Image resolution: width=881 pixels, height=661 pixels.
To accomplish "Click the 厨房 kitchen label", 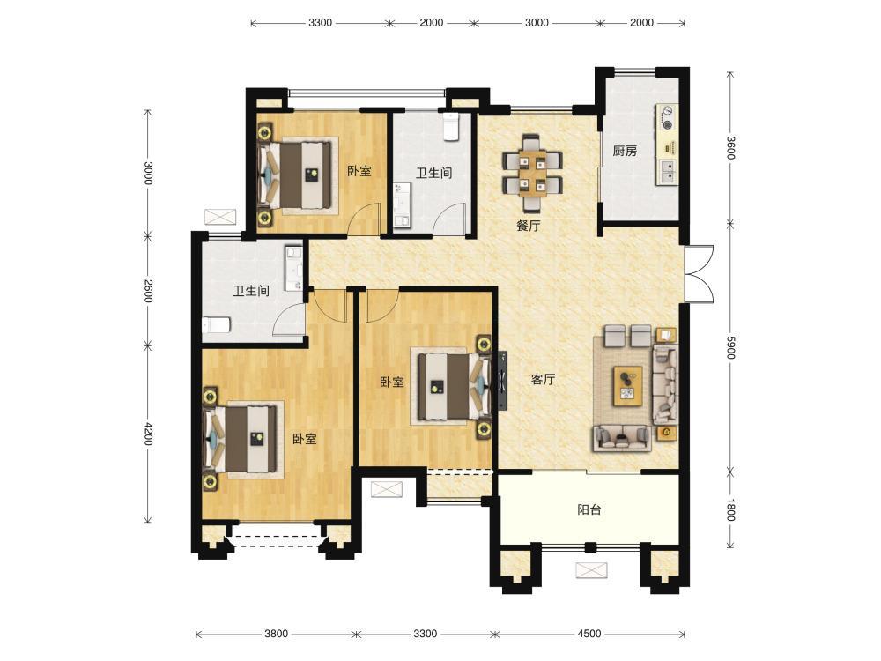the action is (x=625, y=151).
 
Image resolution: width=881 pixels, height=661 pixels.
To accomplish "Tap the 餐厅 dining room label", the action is (x=528, y=226).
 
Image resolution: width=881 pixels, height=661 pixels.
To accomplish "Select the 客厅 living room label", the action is (x=543, y=379).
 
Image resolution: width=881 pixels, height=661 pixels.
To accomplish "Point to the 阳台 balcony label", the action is (x=589, y=509).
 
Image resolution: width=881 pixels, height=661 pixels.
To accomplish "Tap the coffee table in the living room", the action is (x=628, y=385).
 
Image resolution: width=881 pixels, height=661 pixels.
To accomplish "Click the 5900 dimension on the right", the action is (x=730, y=347).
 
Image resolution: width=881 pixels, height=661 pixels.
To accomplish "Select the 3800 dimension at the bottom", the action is (x=276, y=634).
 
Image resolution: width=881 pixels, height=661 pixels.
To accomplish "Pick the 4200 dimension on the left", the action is (x=148, y=434).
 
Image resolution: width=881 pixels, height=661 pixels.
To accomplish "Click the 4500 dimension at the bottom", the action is (x=589, y=634).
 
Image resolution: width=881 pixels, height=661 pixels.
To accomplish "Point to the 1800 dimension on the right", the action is (x=730, y=509).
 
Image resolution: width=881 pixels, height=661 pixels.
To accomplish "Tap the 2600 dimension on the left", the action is (x=148, y=291).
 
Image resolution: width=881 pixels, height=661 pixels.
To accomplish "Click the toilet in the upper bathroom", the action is (x=451, y=126).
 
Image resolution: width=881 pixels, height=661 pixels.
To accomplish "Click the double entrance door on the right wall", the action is (x=699, y=274).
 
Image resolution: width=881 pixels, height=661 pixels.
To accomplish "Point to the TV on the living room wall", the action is (x=502, y=381).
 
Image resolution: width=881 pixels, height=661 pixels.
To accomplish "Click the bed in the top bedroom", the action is (x=294, y=175).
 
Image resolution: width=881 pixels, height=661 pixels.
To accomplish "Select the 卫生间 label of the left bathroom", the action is (x=251, y=291).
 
